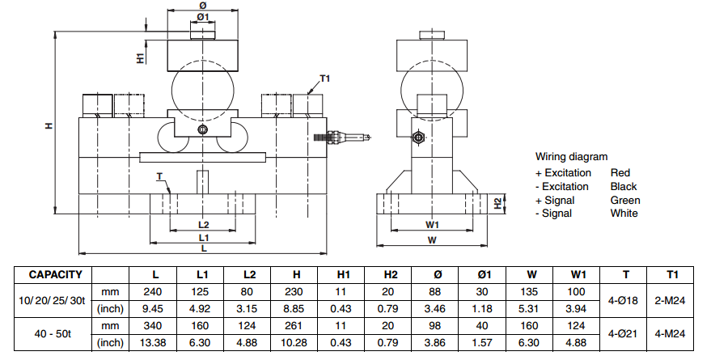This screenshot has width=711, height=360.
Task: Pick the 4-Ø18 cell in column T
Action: point(626,299)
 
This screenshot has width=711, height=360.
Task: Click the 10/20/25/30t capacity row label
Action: point(51,299)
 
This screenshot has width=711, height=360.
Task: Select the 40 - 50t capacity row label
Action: point(51,331)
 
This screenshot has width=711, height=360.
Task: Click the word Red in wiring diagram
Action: point(620,172)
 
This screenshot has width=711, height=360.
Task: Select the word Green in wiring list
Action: point(625,200)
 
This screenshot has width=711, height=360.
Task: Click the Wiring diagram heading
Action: point(571,157)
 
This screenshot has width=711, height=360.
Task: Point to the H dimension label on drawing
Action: point(49,125)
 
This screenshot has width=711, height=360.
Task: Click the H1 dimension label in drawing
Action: point(141,57)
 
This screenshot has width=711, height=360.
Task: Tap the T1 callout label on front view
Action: point(325,78)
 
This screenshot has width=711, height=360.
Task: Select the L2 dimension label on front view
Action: point(204,225)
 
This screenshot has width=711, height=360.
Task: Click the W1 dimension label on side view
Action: point(432,225)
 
